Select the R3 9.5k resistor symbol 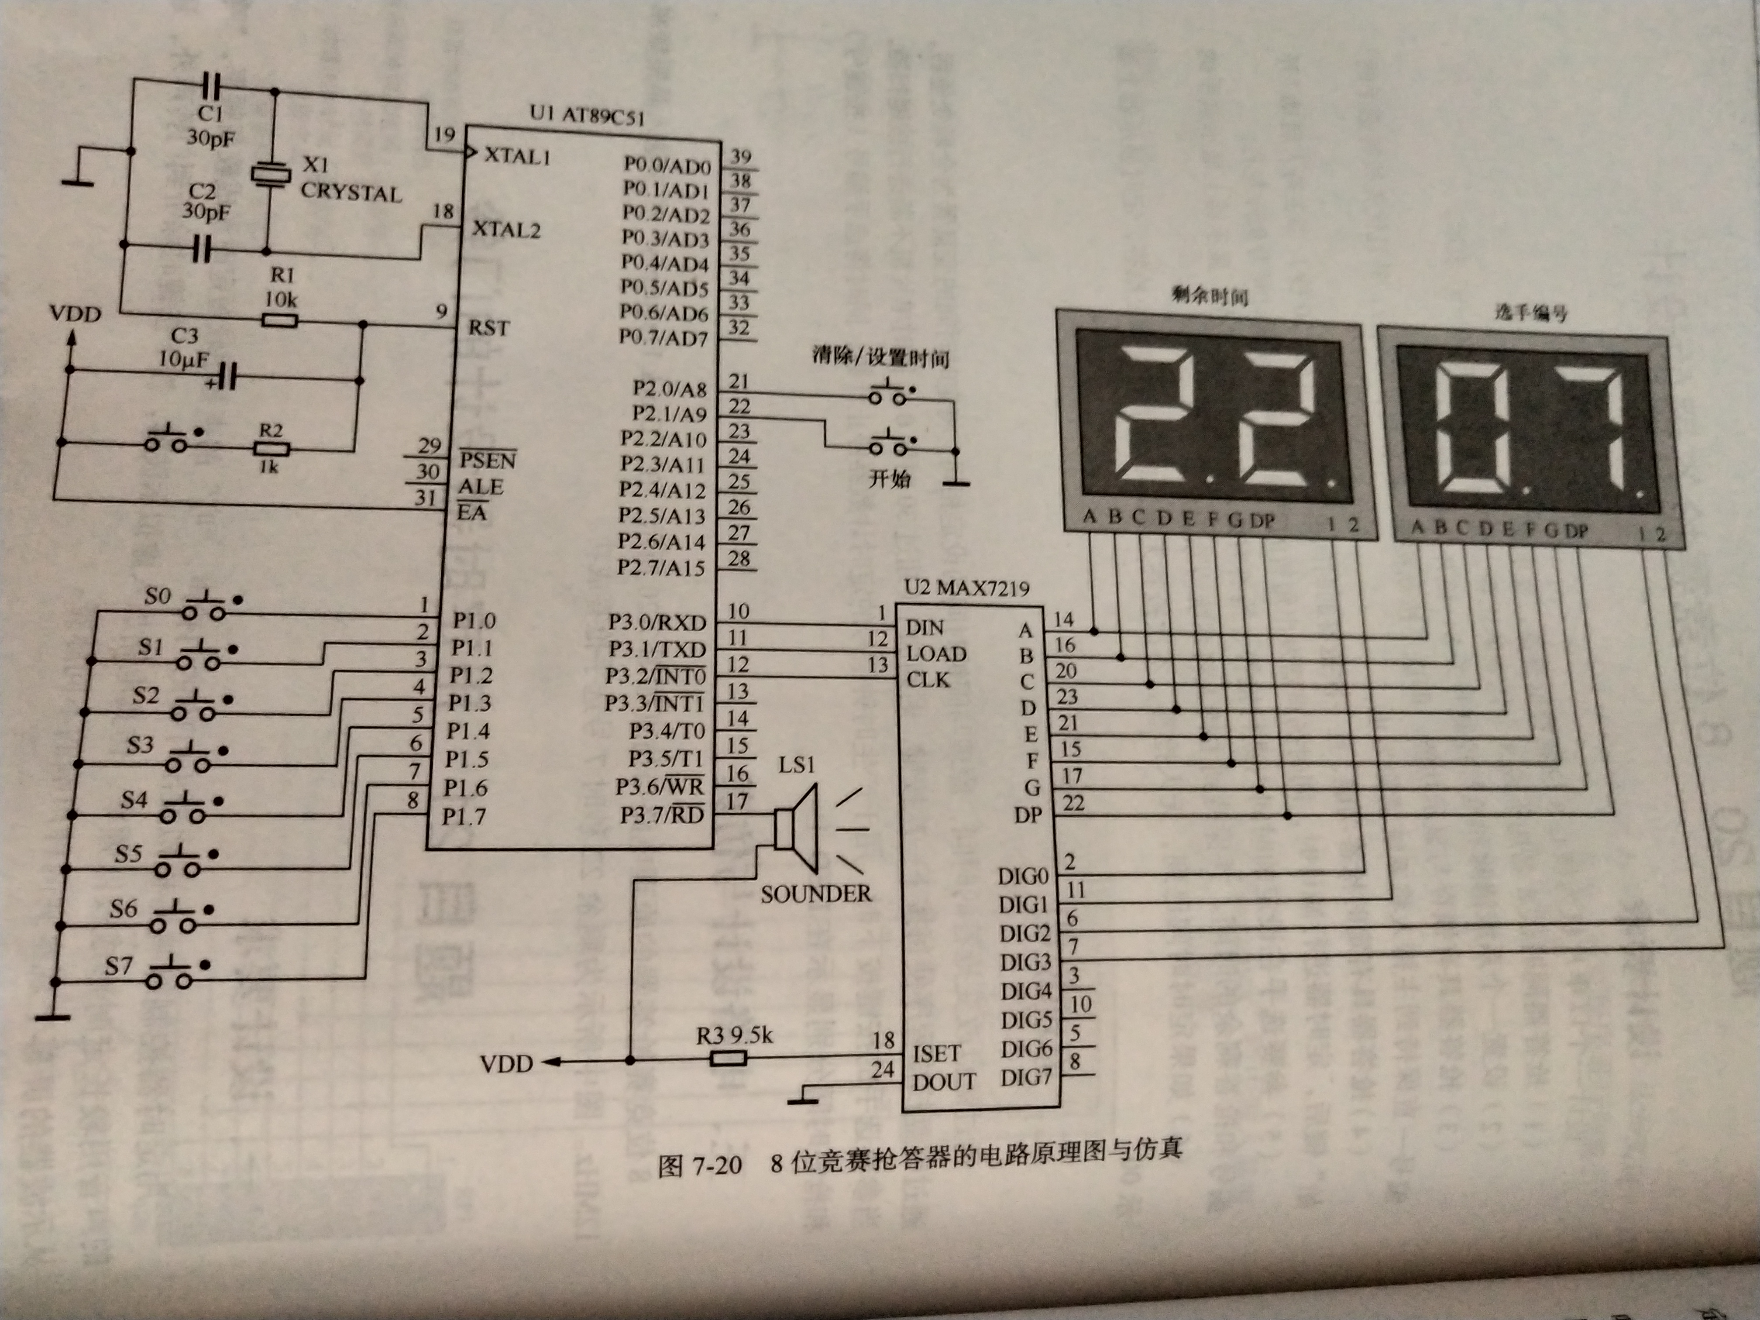tap(727, 1057)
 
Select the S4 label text tap(134, 799)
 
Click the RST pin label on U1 tap(488, 327)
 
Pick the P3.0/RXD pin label tap(657, 622)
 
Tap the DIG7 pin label tap(1026, 1077)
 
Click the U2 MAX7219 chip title tap(967, 588)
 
